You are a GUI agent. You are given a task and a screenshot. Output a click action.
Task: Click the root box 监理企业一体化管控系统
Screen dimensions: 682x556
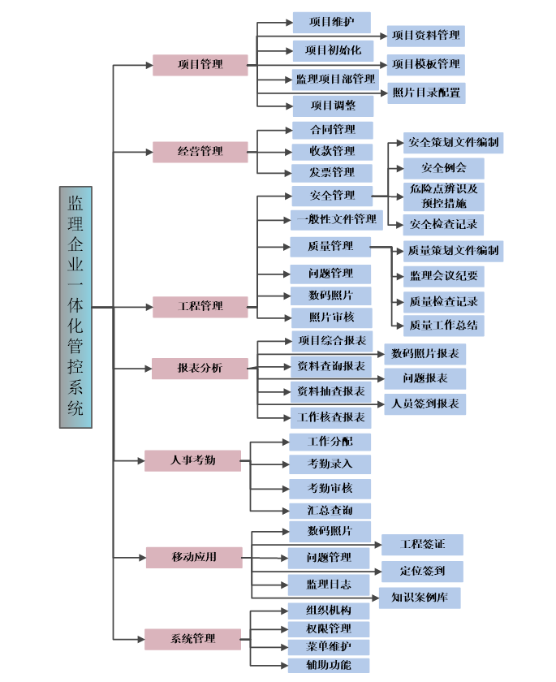(75, 307)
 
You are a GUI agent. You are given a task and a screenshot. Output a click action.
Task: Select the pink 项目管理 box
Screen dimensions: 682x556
(200, 65)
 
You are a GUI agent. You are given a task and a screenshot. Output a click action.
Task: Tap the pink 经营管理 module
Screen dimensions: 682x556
(200, 151)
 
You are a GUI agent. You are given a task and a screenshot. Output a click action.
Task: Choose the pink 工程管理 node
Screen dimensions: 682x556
(200, 306)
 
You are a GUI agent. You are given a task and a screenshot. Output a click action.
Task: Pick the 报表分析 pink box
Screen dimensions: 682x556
(200, 368)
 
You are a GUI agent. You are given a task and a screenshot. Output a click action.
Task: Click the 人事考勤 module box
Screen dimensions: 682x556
(192, 460)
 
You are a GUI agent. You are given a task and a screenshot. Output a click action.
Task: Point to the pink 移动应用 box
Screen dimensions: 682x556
(194, 557)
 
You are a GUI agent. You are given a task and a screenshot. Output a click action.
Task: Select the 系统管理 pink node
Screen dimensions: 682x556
(192, 638)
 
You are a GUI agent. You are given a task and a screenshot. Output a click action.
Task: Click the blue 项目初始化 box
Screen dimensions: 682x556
(332, 50)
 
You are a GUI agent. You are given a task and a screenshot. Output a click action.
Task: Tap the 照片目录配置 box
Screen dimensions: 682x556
(426, 93)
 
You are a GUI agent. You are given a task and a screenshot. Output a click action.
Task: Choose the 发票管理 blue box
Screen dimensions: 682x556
(332, 172)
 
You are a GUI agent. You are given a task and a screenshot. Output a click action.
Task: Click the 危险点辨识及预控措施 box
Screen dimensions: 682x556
(443, 196)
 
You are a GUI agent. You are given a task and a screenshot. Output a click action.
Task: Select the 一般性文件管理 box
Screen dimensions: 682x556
(336, 219)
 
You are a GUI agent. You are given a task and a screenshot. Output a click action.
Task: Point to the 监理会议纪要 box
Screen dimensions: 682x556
(443, 276)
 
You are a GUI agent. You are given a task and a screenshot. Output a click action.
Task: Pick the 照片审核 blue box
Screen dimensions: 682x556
(330, 317)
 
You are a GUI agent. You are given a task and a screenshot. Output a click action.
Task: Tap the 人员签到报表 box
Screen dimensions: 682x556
(425, 403)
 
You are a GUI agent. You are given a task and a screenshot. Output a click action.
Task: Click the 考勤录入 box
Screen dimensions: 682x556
(330, 464)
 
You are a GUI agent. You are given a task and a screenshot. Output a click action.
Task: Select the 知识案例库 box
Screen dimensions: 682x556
(420, 598)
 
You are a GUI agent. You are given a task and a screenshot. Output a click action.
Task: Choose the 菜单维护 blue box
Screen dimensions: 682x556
(329, 647)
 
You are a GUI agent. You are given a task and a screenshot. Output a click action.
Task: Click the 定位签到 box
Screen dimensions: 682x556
(421, 571)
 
